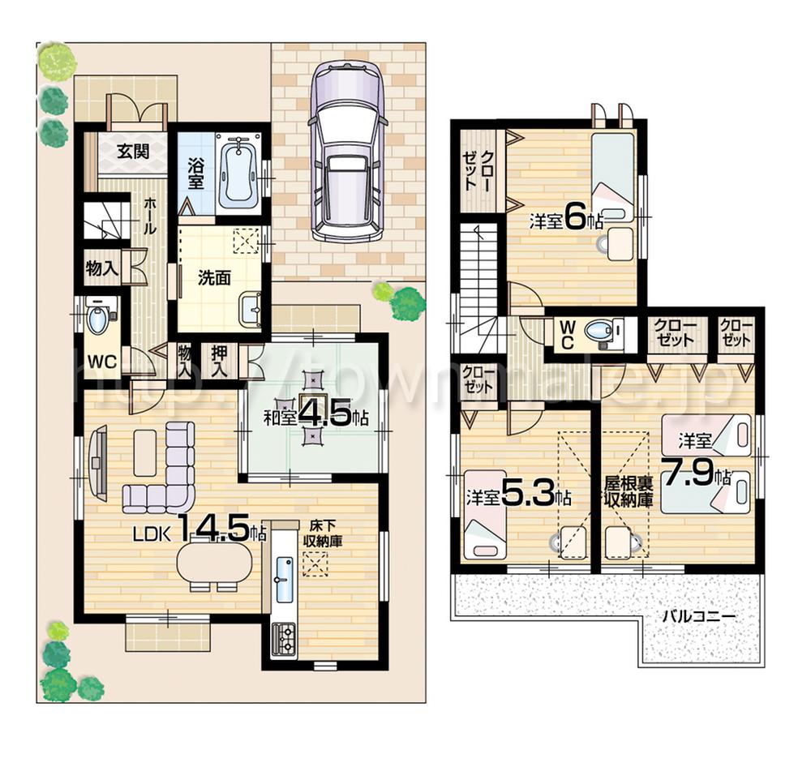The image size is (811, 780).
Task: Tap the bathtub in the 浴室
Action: point(238,173)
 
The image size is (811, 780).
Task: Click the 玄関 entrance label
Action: point(132,151)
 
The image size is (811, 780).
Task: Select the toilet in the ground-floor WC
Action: point(97,318)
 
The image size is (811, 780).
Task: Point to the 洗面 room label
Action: point(215,277)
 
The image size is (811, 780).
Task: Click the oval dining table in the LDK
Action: point(215,562)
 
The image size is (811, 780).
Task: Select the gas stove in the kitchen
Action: point(285,639)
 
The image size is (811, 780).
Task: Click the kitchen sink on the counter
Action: point(284,579)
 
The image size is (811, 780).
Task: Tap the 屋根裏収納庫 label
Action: point(628,491)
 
